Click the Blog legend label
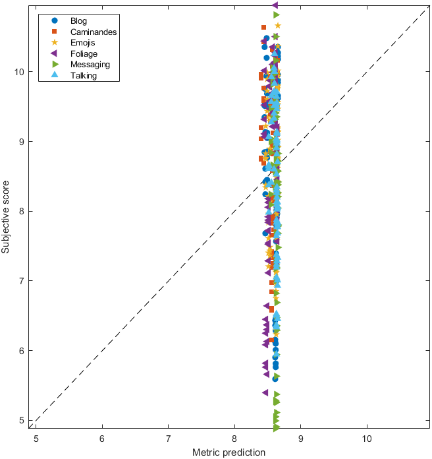point(78,20)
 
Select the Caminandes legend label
point(94,32)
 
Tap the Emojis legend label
point(82,43)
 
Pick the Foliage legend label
point(83,54)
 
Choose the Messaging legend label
point(90,65)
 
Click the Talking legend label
point(84,76)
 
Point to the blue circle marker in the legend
point(55,20)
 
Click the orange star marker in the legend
point(55,43)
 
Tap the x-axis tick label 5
point(36,438)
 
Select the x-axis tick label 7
point(169,438)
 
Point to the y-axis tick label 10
point(21,72)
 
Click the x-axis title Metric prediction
point(229,452)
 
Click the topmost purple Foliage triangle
point(275,5)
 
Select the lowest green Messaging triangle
point(277,427)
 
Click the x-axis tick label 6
point(102,438)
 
